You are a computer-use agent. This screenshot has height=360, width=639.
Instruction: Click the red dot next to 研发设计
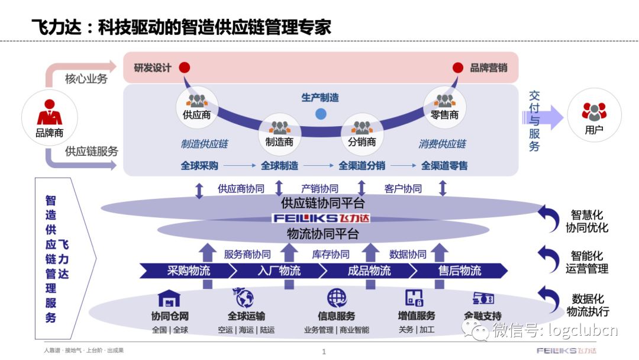click(185, 67)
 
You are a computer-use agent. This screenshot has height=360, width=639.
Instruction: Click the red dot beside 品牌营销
click(458, 67)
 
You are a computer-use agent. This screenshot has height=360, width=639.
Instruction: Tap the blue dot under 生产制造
click(321, 114)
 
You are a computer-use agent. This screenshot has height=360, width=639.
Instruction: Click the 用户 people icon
click(593, 111)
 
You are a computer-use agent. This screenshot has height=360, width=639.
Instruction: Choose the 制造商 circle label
click(280, 142)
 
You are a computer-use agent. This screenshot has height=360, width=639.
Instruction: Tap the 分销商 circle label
click(362, 142)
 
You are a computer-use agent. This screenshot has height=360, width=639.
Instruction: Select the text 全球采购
click(200, 166)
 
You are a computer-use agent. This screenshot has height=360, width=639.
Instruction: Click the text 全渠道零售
click(444, 166)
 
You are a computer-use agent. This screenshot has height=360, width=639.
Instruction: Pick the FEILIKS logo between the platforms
click(321, 218)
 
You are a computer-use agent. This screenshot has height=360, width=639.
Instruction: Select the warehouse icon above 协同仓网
click(169, 298)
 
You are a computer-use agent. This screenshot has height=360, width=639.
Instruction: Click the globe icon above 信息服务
click(337, 297)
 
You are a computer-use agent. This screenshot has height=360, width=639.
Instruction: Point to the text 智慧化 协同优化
click(586, 221)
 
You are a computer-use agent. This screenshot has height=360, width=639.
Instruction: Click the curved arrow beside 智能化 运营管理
click(548, 258)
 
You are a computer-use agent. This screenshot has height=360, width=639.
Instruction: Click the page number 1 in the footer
click(324, 352)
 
